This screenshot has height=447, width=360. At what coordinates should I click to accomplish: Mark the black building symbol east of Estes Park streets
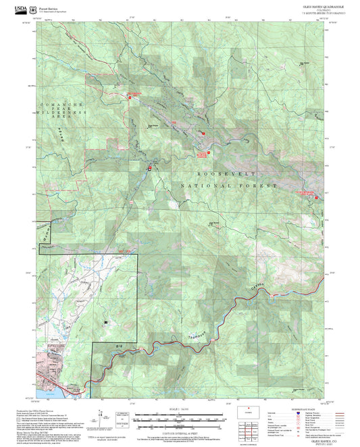tap(105, 323)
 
